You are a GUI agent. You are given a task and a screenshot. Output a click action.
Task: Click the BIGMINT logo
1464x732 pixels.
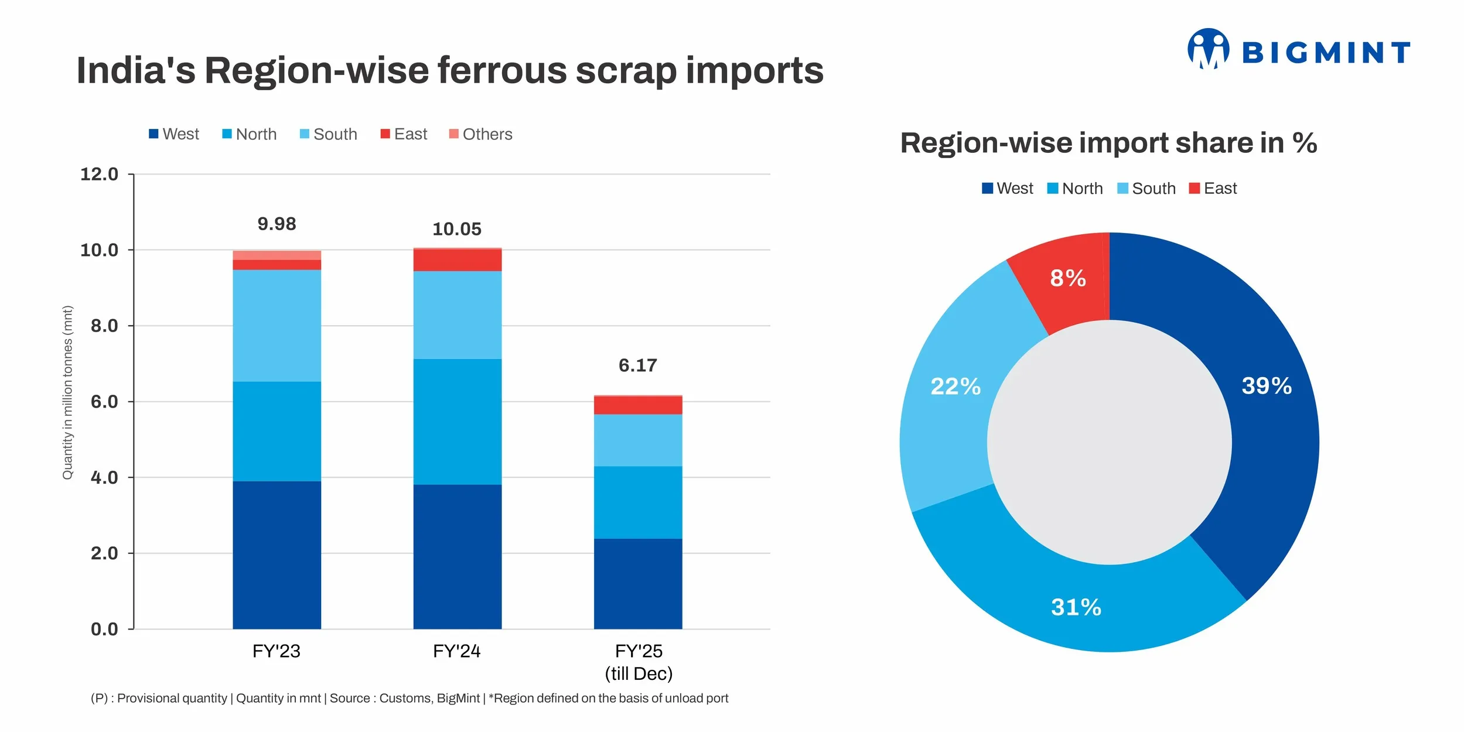point(1298,50)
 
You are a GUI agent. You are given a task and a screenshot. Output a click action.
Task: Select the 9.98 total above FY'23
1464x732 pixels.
point(277,224)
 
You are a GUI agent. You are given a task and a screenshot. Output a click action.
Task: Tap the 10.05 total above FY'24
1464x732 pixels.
point(456,229)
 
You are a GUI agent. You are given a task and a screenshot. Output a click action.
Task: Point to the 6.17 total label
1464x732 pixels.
point(637,365)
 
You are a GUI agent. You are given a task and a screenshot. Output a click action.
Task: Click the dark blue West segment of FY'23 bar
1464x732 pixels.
point(277,555)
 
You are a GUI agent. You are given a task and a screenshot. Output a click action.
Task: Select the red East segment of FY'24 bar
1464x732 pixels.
point(457,260)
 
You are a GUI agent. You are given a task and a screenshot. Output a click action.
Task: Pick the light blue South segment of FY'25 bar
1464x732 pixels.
point(637,440)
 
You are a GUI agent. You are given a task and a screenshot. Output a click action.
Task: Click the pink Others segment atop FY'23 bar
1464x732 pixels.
point(277,255)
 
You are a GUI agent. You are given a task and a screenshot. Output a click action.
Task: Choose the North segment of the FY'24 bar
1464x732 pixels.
point(457,421)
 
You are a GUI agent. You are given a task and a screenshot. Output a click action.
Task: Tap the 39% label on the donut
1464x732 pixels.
point(1266,386)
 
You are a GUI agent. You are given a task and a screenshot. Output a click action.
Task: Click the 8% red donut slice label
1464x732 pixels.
point(1067,278)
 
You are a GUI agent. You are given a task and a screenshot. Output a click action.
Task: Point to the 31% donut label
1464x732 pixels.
point(1076,607)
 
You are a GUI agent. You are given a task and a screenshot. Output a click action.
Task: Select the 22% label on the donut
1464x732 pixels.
point(955,386)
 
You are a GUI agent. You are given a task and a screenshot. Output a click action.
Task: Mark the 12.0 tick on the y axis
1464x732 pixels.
point(99,174)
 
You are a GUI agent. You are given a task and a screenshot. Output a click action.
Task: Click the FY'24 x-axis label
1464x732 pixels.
point(456,651)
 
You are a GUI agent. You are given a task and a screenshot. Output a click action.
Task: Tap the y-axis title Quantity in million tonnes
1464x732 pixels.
point(68,392)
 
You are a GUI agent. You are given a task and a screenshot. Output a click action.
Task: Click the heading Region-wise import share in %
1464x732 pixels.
point(1108,143)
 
